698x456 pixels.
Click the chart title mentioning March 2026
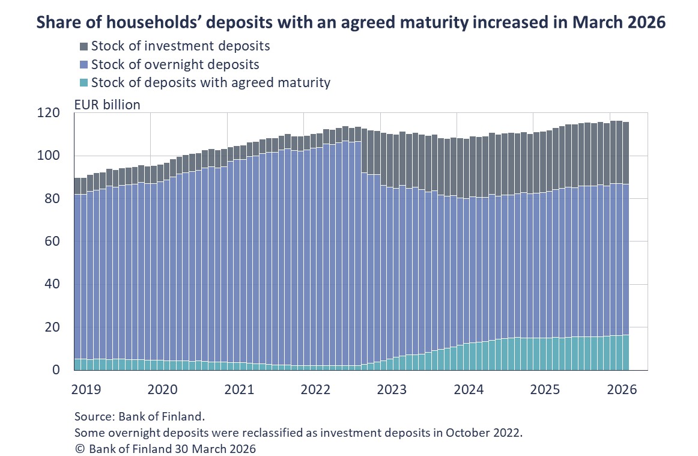coord(351,23)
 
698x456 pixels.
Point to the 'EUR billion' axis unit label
coord(107,105)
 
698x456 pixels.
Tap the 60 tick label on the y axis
coord(53,242)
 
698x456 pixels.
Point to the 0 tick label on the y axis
coord(56,370)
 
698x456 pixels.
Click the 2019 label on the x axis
coord(86,389)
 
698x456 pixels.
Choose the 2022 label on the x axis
coord(316,389)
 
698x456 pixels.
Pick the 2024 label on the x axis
coord(469,389)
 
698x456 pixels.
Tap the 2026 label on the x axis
coord(622,389)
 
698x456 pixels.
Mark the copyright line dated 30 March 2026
coord(165,449)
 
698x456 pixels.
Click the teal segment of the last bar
coord(625,353)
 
